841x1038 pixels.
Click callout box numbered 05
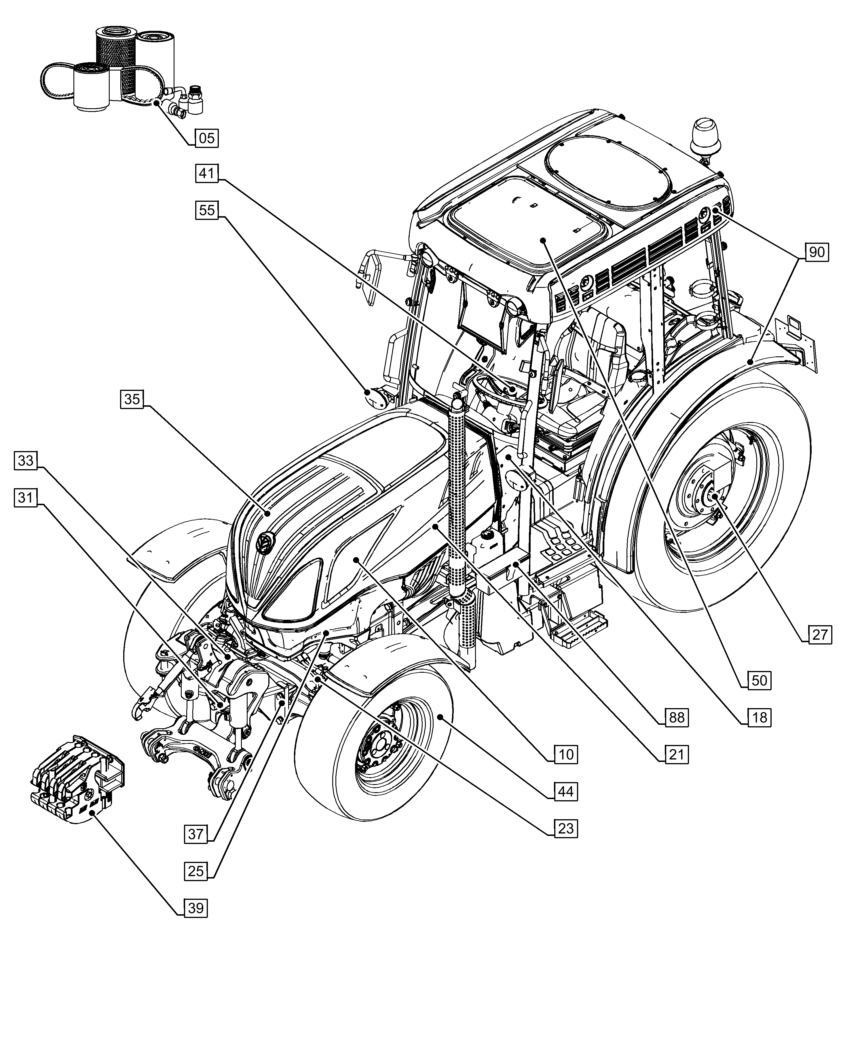click(x=207, y=138)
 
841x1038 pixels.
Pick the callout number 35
click(x=132, y=399)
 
